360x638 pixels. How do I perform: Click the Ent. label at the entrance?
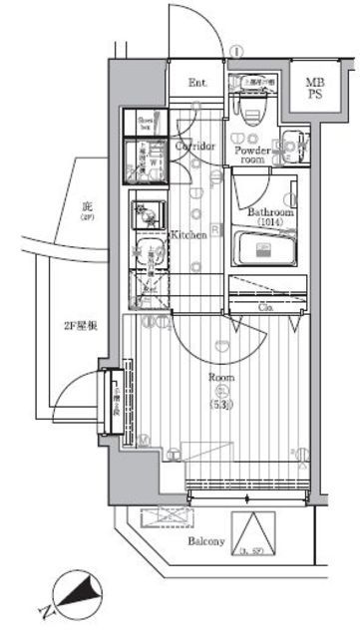[196, 83]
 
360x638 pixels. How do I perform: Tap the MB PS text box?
[314, 89]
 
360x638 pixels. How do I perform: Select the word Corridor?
[195, 147]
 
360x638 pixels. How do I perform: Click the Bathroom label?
[268, 212]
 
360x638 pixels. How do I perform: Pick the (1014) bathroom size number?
[268, 223]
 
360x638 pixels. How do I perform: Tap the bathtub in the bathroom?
[265, 246]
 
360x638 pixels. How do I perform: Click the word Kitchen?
[188, 235]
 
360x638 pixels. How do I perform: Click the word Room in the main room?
[220, 378]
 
